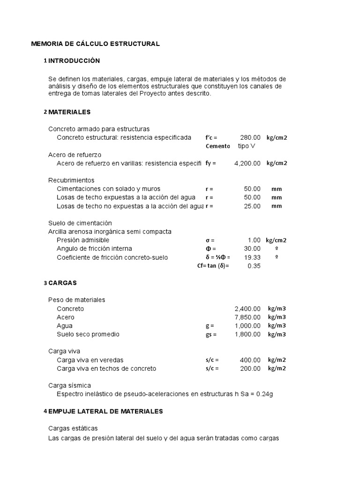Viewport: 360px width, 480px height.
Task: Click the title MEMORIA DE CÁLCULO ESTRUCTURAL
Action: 95,44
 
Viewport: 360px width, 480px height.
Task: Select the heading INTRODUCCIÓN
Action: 74,61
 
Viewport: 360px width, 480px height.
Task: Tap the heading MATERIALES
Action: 69,112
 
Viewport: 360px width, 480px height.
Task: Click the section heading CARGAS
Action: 62,283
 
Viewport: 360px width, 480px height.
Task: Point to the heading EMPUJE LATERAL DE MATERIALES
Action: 105,411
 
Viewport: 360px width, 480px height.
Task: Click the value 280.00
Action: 250,137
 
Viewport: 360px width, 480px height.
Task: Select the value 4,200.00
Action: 247,163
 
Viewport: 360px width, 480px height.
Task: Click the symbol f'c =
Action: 211,137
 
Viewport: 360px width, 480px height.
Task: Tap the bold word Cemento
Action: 217,146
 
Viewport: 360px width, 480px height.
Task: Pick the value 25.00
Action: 252,206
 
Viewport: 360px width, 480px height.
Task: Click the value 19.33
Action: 252,257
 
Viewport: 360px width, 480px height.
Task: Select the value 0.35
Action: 254,266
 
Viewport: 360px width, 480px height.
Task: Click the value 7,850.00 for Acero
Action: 247,317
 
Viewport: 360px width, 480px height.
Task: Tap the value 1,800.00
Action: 247,334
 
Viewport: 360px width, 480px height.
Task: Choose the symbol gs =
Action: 211,334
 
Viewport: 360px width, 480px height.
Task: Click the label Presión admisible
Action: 83,240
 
